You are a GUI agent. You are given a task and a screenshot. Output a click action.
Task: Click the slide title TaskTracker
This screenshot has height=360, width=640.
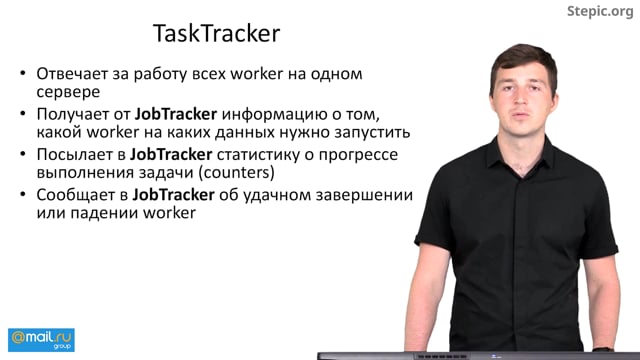pyautogui.click(x=215, y=33)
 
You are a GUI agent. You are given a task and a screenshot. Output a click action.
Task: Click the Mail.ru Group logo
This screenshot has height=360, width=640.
pyautogui.click(x=41, y=339)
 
